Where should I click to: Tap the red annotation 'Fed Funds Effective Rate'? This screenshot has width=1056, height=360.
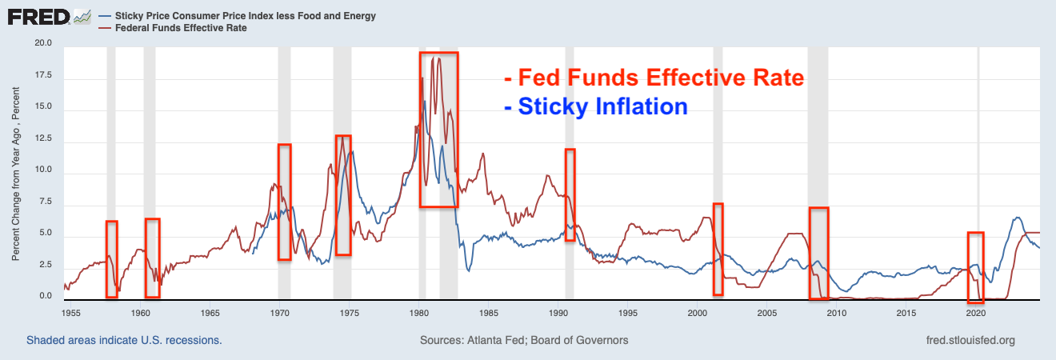pos(654,78)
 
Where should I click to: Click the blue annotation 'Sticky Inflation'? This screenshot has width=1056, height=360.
pos(596,106)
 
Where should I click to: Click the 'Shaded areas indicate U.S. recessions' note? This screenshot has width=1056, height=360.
pos(124,340)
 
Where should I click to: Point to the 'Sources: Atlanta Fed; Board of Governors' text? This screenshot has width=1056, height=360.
pos(524,340)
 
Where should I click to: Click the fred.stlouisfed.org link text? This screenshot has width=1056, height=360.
pos(969,340)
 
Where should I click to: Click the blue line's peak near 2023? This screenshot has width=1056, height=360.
pos(1017,217)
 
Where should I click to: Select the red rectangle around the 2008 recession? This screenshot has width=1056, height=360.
pos(818,254)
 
